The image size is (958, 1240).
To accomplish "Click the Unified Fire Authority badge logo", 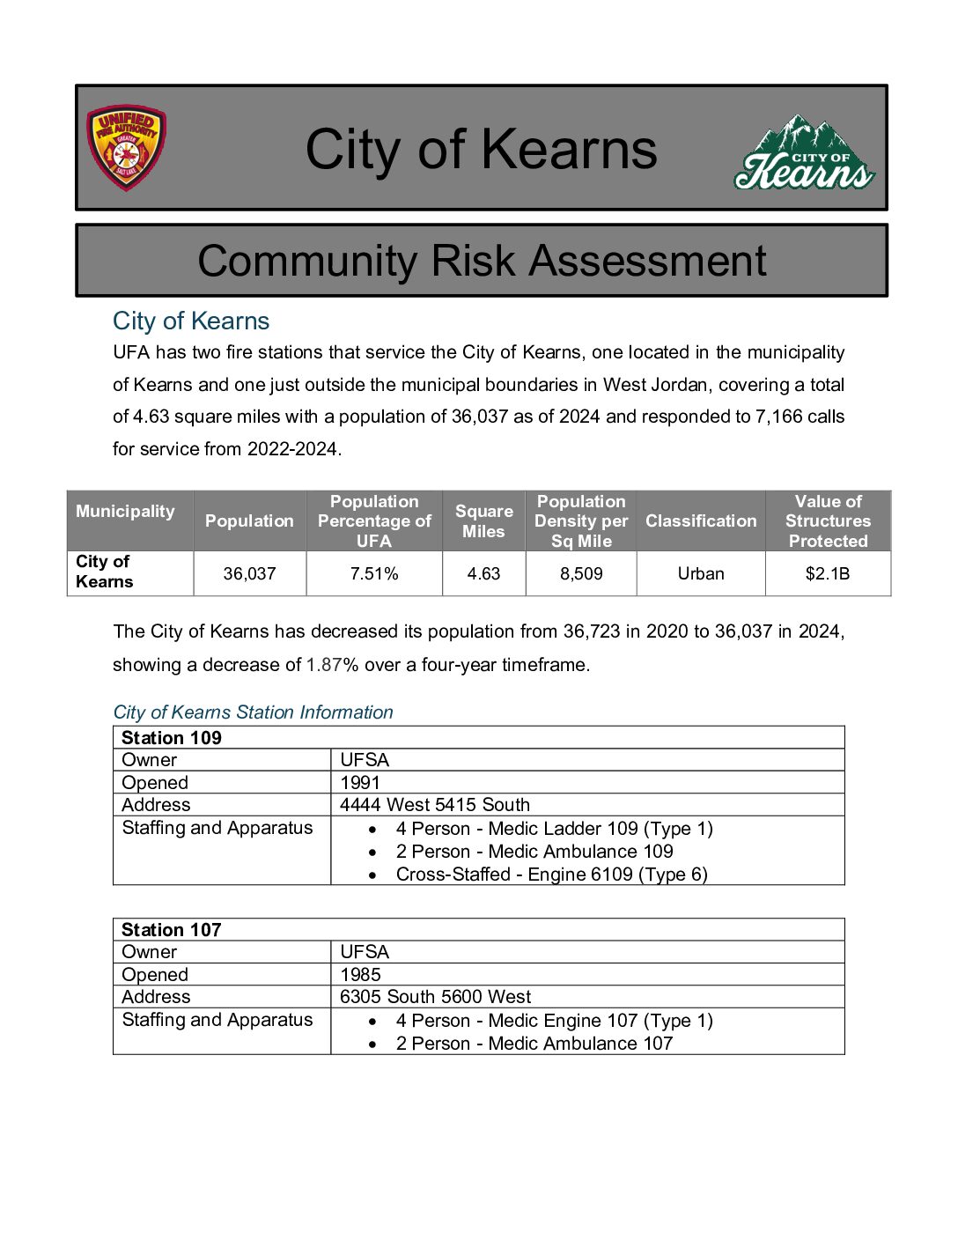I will coord(126,148).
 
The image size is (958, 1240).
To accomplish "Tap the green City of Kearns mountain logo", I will coord(804,152).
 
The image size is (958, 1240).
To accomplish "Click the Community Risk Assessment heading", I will coord(482,261).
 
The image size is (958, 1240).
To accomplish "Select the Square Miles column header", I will coord(483,520).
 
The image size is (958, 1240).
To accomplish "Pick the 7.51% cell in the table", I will coord(374,573).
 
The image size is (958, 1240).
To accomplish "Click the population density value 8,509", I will coord(581,573).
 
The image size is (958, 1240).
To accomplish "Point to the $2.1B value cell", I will coord(828,573).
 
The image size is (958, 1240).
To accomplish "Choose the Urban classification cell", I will coord(701,573).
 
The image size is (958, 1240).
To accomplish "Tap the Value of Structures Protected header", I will coord(828,520).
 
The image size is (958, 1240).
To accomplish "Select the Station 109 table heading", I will coord(172,738).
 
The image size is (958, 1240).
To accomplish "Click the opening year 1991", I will coord(360,783).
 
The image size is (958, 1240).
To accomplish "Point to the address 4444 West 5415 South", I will coord(435,805).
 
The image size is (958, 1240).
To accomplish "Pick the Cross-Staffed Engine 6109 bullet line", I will coord(551,875).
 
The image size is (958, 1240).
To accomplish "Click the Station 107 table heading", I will coord(172,930).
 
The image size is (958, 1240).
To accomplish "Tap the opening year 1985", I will coord(360,975).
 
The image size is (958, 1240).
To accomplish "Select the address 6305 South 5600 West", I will coord(435,997).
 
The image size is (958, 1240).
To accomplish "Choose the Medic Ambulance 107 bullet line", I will coord(534,1044).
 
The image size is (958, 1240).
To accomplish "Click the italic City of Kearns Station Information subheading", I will coord(253,712).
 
